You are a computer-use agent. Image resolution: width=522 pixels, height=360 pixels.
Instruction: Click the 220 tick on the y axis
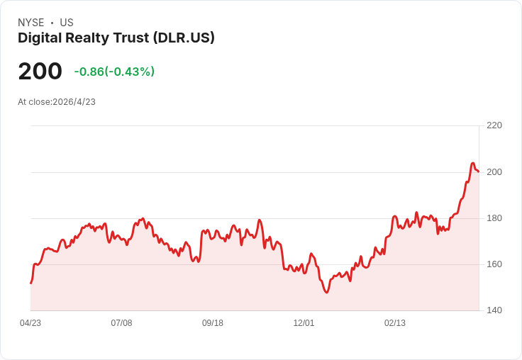pyautogui.click(x=494, y=125)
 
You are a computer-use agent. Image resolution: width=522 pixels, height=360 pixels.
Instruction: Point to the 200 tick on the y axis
pyautogui.click(x=494, y=172)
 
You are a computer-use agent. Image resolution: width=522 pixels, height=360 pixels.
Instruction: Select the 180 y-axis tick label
pyautogui.click(x=494, y=218)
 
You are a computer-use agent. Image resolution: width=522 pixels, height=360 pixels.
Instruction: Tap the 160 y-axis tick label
pyautogui.click(x=494, y=264)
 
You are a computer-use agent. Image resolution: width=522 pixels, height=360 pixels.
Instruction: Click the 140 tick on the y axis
pyautogui.click(x=494, y=310)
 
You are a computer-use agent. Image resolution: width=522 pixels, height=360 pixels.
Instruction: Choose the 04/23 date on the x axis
pyautogui.click(x=30, y=323)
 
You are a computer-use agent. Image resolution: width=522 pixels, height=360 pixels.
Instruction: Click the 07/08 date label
pyautogui.click(x=121, y=323)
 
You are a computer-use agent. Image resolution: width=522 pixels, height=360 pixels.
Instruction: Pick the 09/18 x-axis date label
pyautogui.click(x=213, y=323)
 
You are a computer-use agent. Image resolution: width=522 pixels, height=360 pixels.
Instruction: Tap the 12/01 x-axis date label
pyautogui.click(x=304, y=323)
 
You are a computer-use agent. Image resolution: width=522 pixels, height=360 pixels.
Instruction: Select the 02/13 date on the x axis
pyautogui.click(x=395, y=323)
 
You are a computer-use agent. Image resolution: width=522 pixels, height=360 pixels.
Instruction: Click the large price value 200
pyautogui.click(x=40, y=72)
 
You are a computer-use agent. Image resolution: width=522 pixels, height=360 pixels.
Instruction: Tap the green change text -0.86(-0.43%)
pyautogui.click(x=114, y=72)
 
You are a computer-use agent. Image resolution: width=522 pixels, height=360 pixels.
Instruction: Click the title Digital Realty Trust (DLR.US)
pyautogui.click(x=116, y=38)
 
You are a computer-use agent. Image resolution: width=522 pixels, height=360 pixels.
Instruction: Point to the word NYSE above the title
pyautogui.click(x=30, y=23)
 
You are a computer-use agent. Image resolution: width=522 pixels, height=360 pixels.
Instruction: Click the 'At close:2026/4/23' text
pyautogui.click(x=57, y=102)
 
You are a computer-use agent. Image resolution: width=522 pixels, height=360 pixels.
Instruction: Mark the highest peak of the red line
pyautogui.click(x=472, y=164)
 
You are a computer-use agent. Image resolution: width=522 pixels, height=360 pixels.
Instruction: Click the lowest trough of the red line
pyautogui.click(x=326, y=293)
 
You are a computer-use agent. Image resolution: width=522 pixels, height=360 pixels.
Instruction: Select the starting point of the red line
pyautogui.click(x=30, y=283)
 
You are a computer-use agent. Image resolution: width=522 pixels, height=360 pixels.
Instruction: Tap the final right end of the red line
pyautogui.click(x=479, y=171)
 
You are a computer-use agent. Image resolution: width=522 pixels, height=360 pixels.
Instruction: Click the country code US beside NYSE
pyautogui.click(x=67, y=23)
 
